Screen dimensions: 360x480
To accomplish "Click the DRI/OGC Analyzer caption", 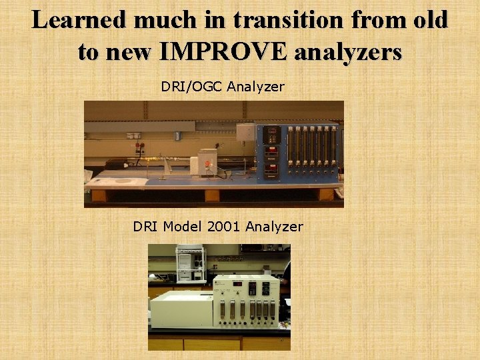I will coord(223,87).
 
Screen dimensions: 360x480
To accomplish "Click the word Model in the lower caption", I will coord(181,227).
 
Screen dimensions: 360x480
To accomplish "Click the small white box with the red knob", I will coord(205,164).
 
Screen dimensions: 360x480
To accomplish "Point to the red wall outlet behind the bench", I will coord(140,147).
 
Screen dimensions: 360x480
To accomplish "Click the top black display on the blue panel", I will coord(271,133).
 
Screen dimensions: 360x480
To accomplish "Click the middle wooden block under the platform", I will coord(212,195).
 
